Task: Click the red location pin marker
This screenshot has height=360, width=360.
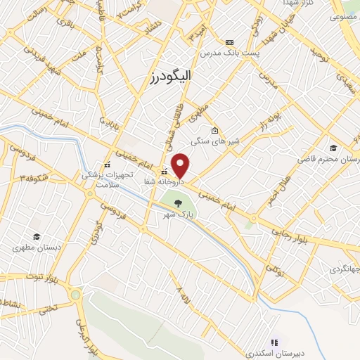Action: (x=181, y=166)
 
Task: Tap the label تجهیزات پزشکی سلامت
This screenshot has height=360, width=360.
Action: (x=102, y=179)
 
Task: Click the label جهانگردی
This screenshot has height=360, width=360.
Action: (x=343, y=269)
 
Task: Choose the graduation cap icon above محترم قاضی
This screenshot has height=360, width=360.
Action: (x=332, y=147)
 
